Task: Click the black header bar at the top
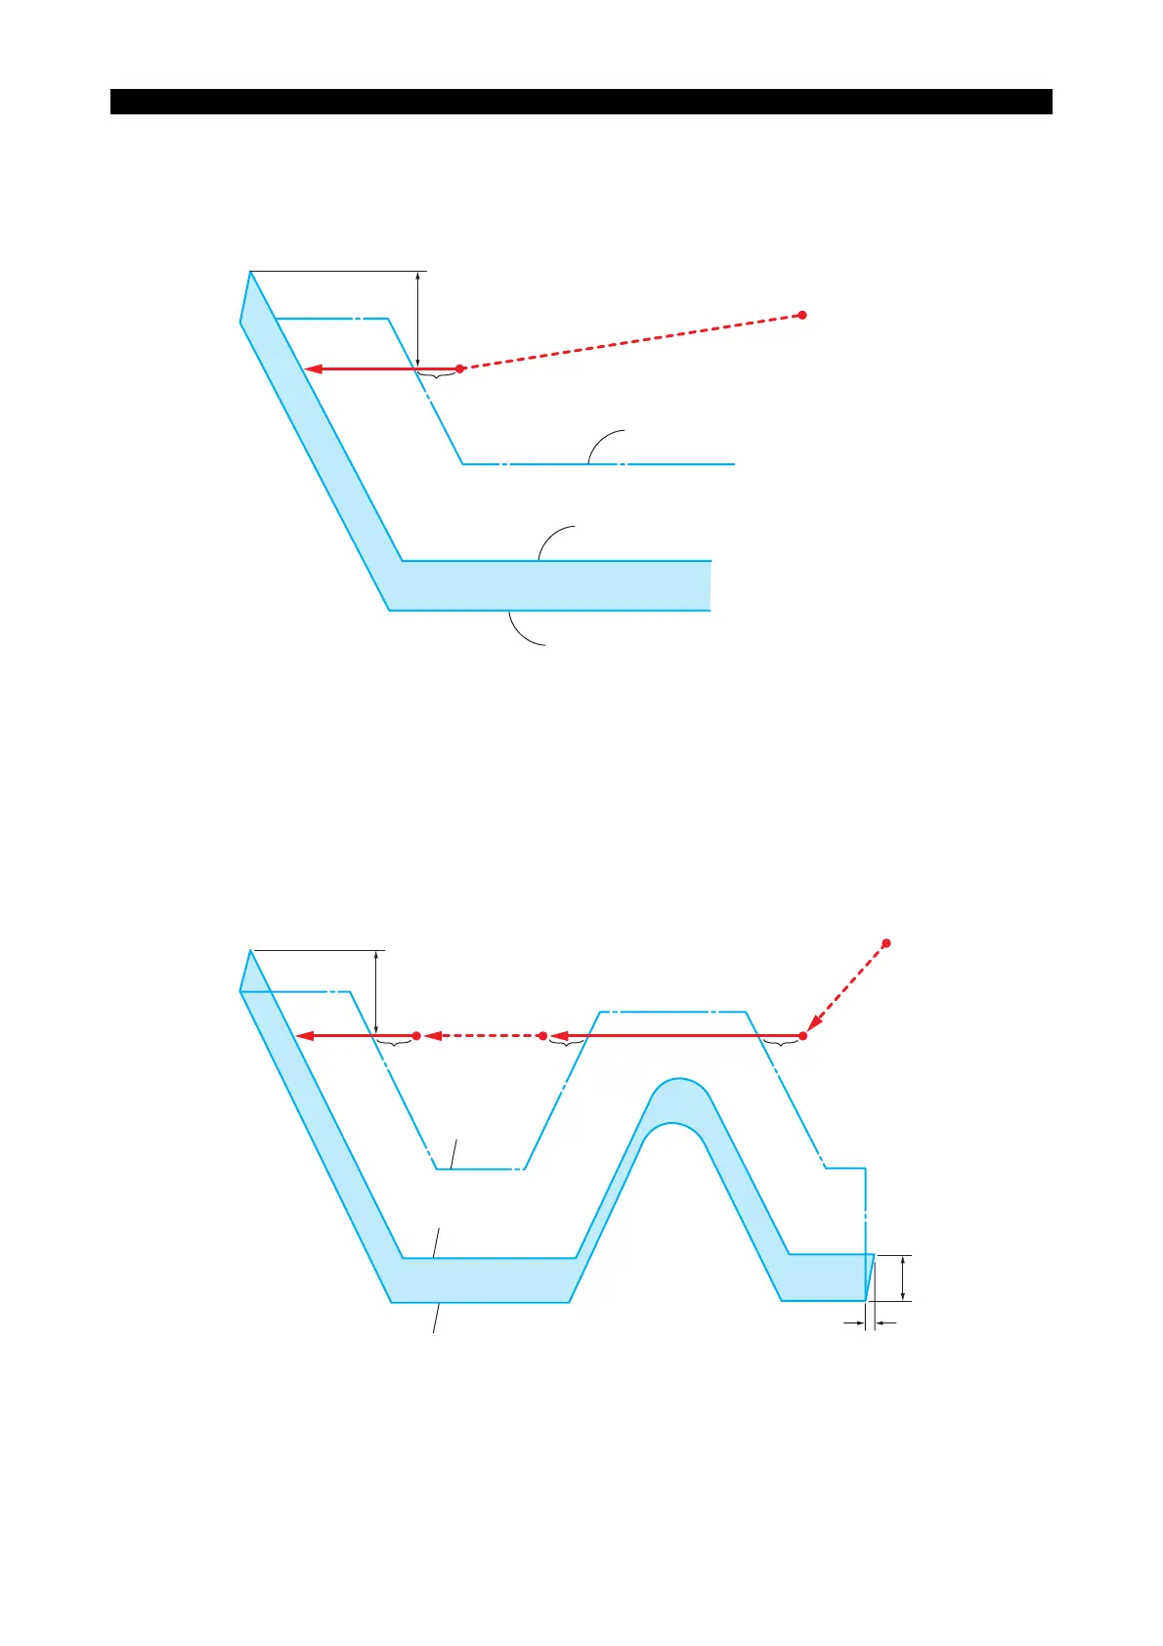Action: pyautogui.click(x=581, y=102)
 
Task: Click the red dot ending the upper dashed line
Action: pyautogui.click(x=802, y=315)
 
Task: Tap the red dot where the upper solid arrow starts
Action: pyautogui.click(x=460, y=368)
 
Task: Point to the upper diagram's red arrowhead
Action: pyautogui.click(x=313, y=368)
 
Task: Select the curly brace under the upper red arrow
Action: pyautogui.click(x=437, y=375)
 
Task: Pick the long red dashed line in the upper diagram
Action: pyautogui.click(x=631, y=341)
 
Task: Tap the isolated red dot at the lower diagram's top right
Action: pyautogui.click(x=886, y=943)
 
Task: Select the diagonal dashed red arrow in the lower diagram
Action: pyautogui.click(x=846, y=988)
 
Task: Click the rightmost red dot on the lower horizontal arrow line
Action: pyautogui.click(x=803, y=1035)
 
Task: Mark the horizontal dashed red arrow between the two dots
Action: pyautogui.click(x=480, y=1035)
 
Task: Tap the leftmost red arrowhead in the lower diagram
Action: pyautogui.click(x=305, y=1035)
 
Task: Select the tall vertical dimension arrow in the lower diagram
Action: pyautogui.click(x=376, y=992)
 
